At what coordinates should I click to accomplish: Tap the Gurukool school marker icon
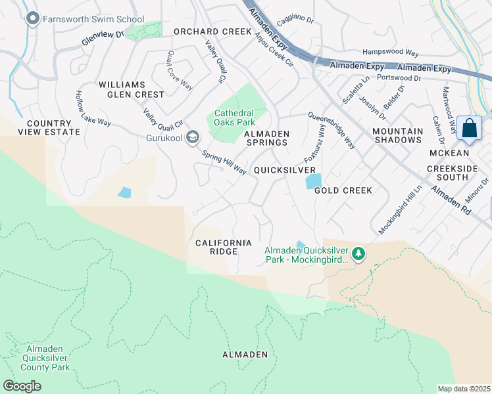tap(193, 137)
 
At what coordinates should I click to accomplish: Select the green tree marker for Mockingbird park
tap(358, 253)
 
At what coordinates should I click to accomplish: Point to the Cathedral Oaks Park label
tap(234, 118)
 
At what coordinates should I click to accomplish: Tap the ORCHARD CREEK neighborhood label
tap(212, 32)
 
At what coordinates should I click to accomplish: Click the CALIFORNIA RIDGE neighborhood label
tap(224, 248)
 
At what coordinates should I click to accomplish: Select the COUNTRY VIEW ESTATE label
tap(49, 127)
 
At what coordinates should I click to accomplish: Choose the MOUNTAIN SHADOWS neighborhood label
tap(398, 135)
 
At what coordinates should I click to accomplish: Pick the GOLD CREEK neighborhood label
tap(343, 190)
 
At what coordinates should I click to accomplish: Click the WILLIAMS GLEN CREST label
tap(131, 89)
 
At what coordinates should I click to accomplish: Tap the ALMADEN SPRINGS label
tap(266, 138)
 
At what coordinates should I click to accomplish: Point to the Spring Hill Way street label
tap(224, 163)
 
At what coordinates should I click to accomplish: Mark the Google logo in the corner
tap(22, 386)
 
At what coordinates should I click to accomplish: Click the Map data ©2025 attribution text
tap(464, 388)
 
